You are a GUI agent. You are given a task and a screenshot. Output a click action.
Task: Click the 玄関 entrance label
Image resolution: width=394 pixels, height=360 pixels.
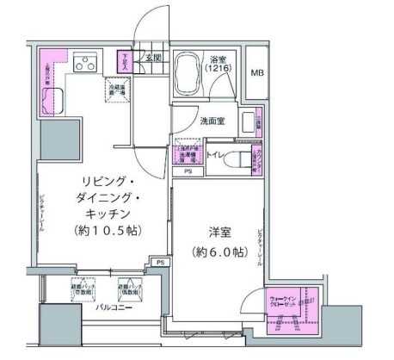point(152,58)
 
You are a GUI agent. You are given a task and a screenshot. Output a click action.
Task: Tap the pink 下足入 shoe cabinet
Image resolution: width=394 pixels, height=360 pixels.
point(126,62)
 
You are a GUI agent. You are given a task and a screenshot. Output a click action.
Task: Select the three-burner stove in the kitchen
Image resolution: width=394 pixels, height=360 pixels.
point(86,63)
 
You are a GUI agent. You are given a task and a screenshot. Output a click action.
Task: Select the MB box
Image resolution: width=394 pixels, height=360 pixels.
point(257,72)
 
